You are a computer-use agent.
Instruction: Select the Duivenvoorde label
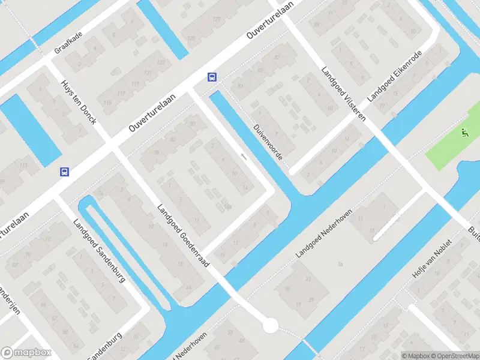pyautogui.click(x=268, y=141)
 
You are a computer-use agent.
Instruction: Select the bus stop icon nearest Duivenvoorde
pyautogui.click(x=212, y=77)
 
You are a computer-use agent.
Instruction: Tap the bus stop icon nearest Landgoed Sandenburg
pyautogui.click(x=64, y=172)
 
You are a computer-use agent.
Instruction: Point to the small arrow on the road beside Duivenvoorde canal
pyautogui.click(x=243, y=157)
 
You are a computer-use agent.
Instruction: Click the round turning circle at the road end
pyautogui.click(x=271, y=326)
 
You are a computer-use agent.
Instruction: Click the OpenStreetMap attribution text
pyautogui.click(x=454, y=356)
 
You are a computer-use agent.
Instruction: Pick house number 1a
pyautogui.click(x=340, y=263)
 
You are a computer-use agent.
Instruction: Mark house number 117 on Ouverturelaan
pyautogui.click(x=121, y=93)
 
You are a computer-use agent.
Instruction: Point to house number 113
pyautogui.click(x=24, y=166)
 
